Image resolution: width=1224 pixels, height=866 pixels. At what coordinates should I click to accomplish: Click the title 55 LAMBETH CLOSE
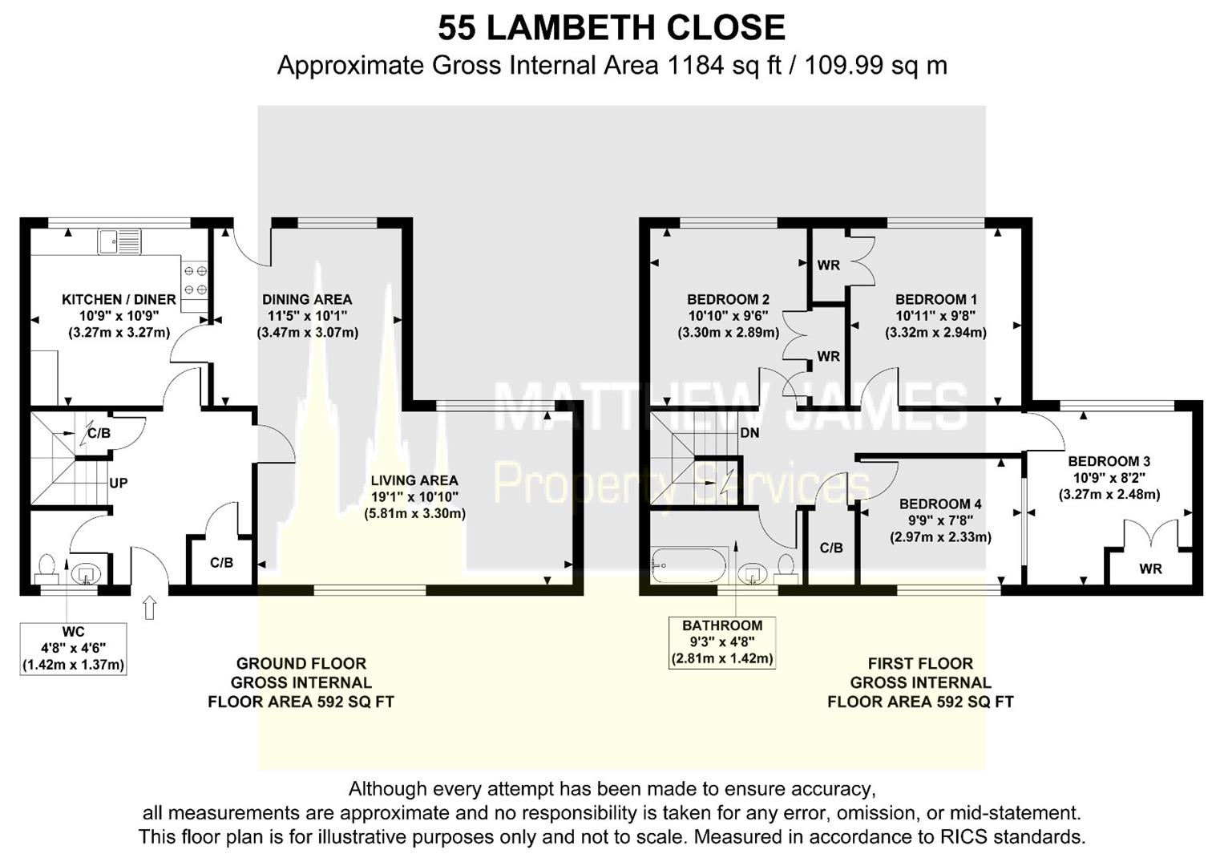click(611, 28)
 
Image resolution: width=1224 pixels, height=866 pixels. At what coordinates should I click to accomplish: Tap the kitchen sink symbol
click(119, 241)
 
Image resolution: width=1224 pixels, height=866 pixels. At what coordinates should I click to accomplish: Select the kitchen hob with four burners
click(196, 281)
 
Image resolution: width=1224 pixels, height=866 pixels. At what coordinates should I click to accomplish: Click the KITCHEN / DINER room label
click(119, 299)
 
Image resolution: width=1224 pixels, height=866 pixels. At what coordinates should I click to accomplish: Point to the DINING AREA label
click(307, 299)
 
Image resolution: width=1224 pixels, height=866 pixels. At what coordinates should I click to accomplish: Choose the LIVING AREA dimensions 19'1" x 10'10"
click(414, 496)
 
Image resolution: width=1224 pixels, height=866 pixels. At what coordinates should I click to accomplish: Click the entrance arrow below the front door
click(149, 608)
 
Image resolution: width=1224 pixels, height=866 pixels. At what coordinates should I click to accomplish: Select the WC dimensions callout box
click(73, 649)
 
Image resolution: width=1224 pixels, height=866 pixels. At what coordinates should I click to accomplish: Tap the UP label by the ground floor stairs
click(118, 484)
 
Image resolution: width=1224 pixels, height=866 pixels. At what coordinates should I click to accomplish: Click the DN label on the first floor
click(749, 433)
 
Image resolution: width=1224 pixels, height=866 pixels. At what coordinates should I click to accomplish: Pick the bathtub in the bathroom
click(689, 565)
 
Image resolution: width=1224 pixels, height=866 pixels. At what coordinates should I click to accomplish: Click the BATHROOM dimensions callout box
click(721, 642)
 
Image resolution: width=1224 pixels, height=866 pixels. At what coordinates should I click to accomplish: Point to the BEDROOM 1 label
click(935, 299)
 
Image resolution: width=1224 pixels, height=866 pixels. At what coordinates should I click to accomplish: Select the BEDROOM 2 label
click(728, 299)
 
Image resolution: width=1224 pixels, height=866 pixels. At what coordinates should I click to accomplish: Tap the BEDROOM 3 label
click(1109, 461)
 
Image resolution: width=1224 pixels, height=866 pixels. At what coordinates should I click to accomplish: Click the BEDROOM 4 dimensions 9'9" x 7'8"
click(940, 520)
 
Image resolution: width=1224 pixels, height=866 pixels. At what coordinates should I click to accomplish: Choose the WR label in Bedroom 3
click(1150, 569)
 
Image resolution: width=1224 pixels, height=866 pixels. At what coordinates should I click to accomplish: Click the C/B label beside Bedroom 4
click(831, 548)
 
